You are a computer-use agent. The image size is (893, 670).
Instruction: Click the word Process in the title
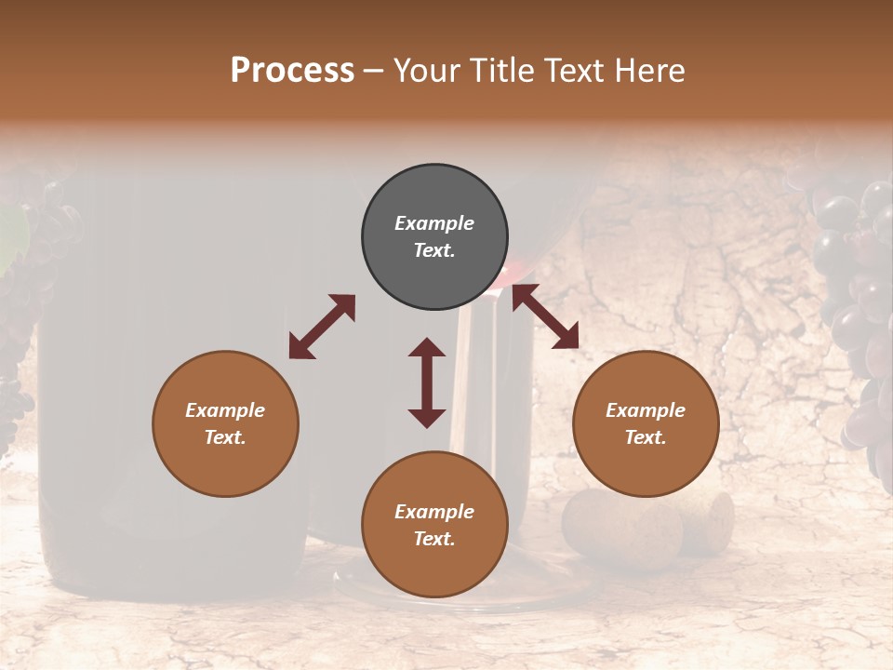click(x=292, y=71)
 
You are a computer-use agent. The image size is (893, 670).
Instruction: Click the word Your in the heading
click(x=427, y=71)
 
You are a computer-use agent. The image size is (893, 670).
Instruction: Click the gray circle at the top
click(x=434, y=237)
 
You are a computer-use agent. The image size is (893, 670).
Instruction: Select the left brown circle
click(x=225, y=423)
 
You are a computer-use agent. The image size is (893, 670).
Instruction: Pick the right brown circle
click(x=646, y=423)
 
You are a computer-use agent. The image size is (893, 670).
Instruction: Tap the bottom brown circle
click(x=434, y=525)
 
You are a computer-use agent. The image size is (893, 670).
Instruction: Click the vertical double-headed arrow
click(x=427, y=382)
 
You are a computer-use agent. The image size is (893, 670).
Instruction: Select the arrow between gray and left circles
click(x=322, y=327)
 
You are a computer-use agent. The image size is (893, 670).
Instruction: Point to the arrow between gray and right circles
click(x=546, y=316)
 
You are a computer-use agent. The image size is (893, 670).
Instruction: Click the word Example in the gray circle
click(x=434, y=223)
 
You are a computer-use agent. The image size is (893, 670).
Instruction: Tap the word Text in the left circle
click(x=225, y=437)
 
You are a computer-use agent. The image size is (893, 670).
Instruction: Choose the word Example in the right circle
click(x=646, y=410)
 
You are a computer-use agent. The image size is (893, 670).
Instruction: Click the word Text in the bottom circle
click(x=434, y=539)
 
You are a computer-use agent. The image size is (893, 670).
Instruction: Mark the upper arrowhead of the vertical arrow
click(x=427, y=349)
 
